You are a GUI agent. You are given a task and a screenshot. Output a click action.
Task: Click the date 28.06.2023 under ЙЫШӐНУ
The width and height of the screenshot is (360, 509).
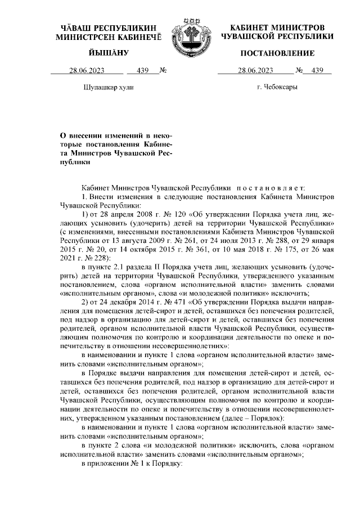click(x=88, y=71)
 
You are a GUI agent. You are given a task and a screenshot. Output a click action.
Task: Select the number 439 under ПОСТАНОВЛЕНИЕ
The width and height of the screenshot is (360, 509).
click(x=318, y=71)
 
